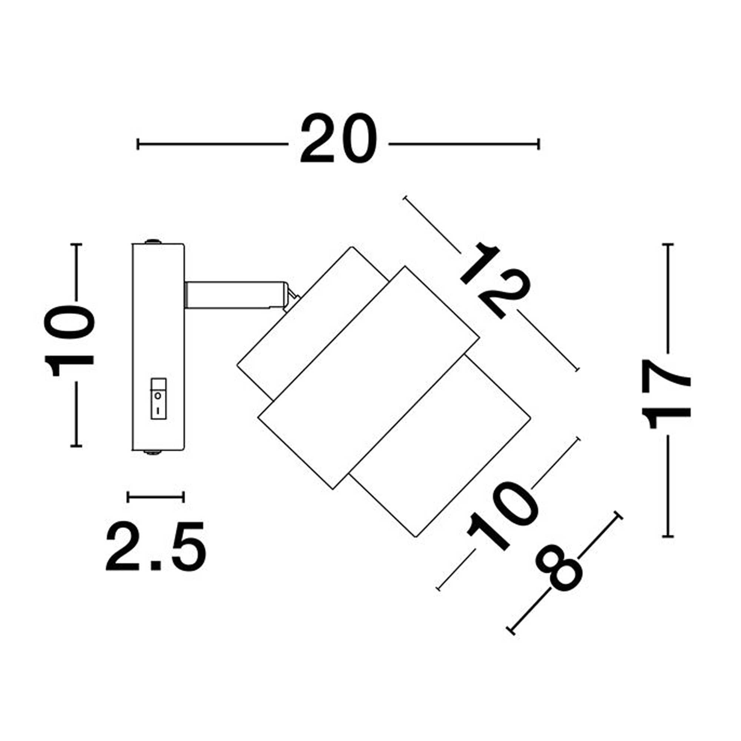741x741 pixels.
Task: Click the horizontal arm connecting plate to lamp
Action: coord(234,295)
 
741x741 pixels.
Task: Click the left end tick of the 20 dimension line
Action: coord(138,144)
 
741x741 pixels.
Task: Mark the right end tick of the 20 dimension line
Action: coord(539,144)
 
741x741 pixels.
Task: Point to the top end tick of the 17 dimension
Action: coord(668,244)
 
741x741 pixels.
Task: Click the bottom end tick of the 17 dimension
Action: coord(668,536)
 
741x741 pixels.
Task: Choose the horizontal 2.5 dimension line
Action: coord(156,497)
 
